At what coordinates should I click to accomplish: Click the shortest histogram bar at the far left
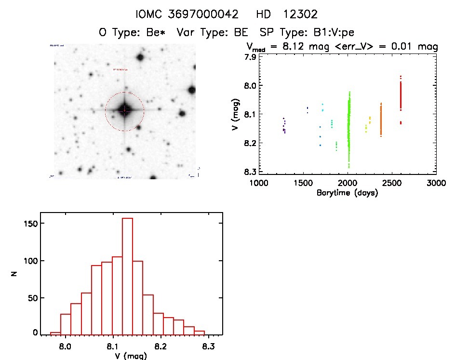(55, 333)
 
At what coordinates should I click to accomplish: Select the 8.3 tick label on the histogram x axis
(208, 347)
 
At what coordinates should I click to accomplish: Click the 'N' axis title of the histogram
(15, 273)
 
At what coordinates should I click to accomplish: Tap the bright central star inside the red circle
(124, 110)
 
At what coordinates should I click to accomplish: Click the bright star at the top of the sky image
(140, 58)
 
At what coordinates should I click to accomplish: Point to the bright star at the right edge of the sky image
(192, 90)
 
